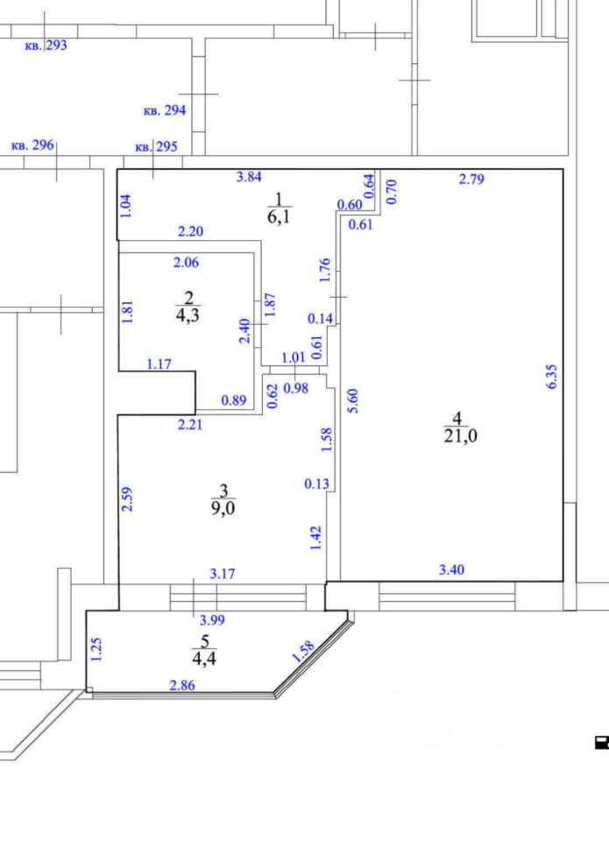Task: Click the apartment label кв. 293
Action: (x=46, y=45)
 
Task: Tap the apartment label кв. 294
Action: (x=164, y=110)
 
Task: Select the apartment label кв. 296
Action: (x=32, y=145)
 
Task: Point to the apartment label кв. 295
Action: (x=156, y=146)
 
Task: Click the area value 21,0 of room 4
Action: (x=461, y=436)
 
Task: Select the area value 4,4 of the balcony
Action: (x=203, y=660)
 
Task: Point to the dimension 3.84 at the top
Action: (x=249, y=177)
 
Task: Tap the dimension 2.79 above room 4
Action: (x=471, y=180)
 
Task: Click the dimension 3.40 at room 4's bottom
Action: (x=451, y=570)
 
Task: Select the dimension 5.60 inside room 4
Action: (x=353, y=399)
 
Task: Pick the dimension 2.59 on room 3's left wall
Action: (x=127, y=499)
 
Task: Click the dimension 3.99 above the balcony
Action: (x=212, y=619)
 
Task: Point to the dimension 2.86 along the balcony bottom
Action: (x=182, y=684)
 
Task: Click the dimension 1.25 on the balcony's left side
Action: (x=97, y=649)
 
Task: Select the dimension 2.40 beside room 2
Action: (x=246, y=330)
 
